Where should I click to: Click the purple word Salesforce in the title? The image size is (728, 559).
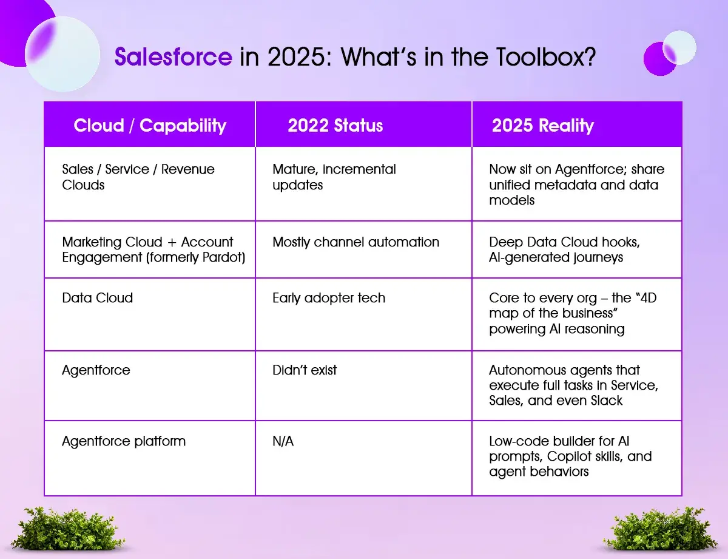tap(174, 56)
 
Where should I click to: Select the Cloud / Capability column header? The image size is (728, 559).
tap(150, 126)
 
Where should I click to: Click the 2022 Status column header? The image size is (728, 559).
tap(335, 126)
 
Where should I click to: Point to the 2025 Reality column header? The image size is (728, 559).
tap(543, 126)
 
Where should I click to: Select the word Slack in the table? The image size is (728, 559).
tap(607, 401)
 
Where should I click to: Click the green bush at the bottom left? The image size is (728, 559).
tap(67, 529)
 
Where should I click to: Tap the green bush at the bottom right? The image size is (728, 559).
tap(659, 529)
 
